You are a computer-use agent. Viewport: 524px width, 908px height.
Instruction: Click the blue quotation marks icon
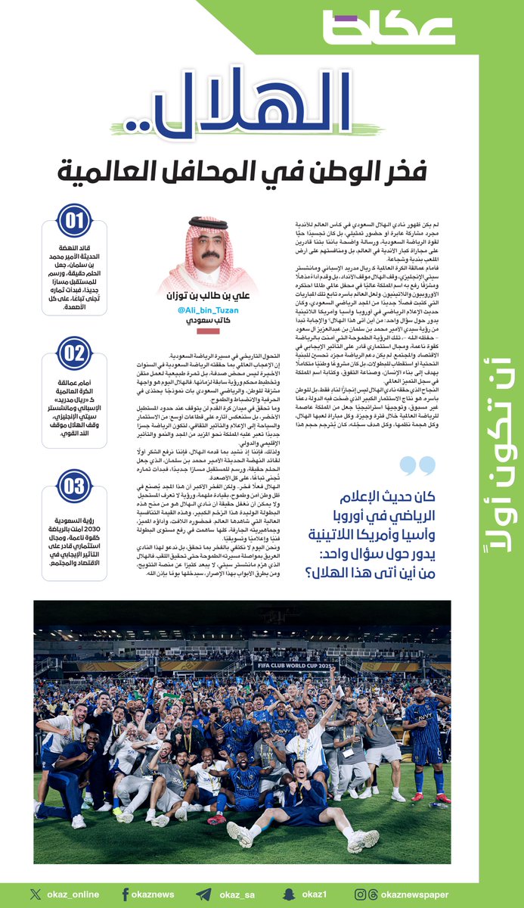click(x=417, y=468)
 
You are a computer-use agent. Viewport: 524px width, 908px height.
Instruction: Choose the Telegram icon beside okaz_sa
click(x=203, y=894)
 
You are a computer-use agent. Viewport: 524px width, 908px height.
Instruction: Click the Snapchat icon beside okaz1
click(x=288, y=894)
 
